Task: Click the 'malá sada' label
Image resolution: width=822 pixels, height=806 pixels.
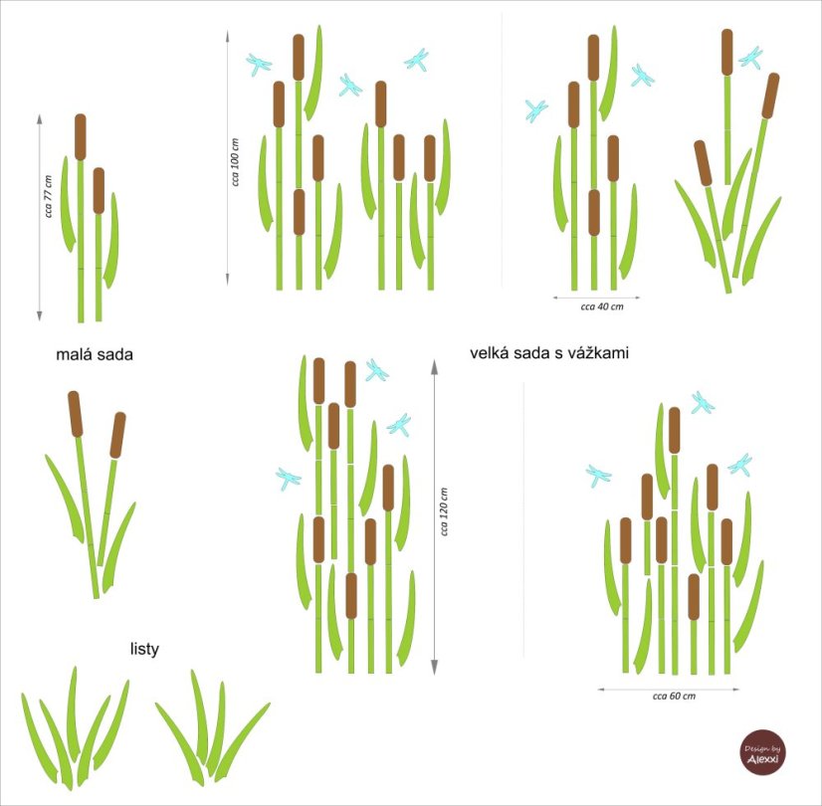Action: pyautogui.click(x=95, y=355)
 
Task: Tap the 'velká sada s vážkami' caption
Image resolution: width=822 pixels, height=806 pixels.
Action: pyautogui.click(x=549, y=353)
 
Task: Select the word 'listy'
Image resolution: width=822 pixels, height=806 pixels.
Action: pyautogui.click(x=144, y=650)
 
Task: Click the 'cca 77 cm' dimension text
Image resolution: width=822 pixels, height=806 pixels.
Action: pyautogui.click(x=49, y=196)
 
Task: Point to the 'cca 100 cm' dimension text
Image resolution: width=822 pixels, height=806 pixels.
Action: pyautogui.click(x=235, y=162)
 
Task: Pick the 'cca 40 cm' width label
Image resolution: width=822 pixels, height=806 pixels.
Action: pyautogui.click(x=602, y=306)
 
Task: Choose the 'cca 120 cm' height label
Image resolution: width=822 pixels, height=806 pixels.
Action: pyautogui.click(x=444, y=511)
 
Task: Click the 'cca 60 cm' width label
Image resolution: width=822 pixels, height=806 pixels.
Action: pyautogui.click(x=674, y=696)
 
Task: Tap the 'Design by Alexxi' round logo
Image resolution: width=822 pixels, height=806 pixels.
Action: pyautogui.click(x=762, y=752)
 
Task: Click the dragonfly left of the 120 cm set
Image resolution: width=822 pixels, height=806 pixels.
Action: pyautogui.click(x=288, y=479)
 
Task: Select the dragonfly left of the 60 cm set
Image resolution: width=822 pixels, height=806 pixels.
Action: pyautogui.click(x=598, y=476)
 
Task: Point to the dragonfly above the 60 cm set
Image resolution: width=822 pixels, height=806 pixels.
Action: pyautogui.click(x=702, y=402)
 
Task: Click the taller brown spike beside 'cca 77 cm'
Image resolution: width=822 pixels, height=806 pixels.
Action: pyautogui.click(x=81, y=136)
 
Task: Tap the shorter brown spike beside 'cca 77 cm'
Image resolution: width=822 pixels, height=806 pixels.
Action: pyautogui.click(x=99, y=191)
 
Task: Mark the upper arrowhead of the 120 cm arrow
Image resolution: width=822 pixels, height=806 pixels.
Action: pyautogui.click(x=434, y=367)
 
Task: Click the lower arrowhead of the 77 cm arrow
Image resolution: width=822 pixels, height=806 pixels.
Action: pyautogui.click(x=40, y=315)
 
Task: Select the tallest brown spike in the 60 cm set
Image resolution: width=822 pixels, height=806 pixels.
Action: pyautogui.click(x=674, y=430)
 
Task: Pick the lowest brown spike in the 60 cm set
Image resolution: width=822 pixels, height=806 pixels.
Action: pyautogui.click(x=694, y=597)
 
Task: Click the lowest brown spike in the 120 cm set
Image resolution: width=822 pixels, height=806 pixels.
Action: pyautogui.click(x=351, y=596)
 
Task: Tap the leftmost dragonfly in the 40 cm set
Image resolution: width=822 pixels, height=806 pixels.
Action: pyautogui.click(x=536, y=111)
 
